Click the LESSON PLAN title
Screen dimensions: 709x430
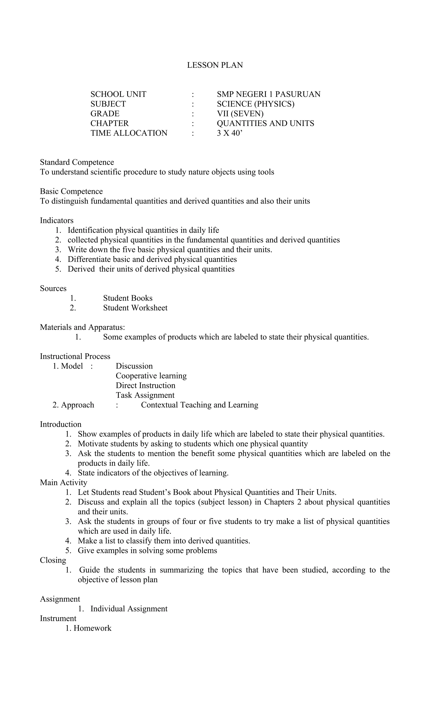pyautogui.click(x=215, y=65)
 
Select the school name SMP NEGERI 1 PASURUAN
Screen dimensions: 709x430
pyautogui.click(x=269, y=94)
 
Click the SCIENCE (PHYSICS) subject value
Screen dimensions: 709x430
pyautogui.click(x=255, y=104)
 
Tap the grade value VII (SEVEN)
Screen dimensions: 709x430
pyautogui.click(x=240, y=114)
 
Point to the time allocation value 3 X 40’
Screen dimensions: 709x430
pyautogui.click(x=230, y=133)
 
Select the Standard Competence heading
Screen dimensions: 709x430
pyautogui.click(x=77, y=162)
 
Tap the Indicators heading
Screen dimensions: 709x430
pyautogui.click(x=57, y=220)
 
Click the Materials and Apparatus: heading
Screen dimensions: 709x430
pyautogui.click(x=82, y=327)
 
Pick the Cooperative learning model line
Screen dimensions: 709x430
pyautogui.click(x=151, y=376)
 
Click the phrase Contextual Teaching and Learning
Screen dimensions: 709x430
pyautogui.click(x=199, y=405)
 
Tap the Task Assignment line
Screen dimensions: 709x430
pyautogui.click(x=145, y=395)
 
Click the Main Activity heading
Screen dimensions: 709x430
pyautogui.click(x=64, y=483)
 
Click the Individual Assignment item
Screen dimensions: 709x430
pyautogui.click(x=129, y=609)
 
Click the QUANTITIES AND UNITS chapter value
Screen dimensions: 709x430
pyautogui.click(x=265, y=123)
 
